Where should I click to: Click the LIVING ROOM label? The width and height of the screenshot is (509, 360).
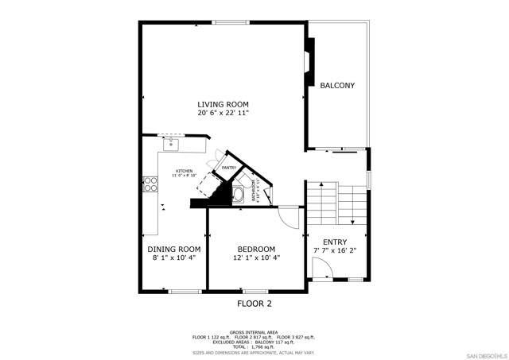pos(223,104)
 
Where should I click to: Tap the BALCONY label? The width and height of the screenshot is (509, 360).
pos(337,85)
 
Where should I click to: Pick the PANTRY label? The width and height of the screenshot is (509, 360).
pos(228,168)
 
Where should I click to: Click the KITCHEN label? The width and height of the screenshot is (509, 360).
pos(185,171)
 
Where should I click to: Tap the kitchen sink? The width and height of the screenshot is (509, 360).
pos(169,143)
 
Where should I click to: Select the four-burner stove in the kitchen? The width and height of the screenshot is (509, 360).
pos(150,185)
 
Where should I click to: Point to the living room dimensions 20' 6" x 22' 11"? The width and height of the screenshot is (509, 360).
pos(223,114)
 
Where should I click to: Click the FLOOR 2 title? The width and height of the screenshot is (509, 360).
pos(254,304)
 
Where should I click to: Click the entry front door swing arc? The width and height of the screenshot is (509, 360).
pos(320,273)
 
